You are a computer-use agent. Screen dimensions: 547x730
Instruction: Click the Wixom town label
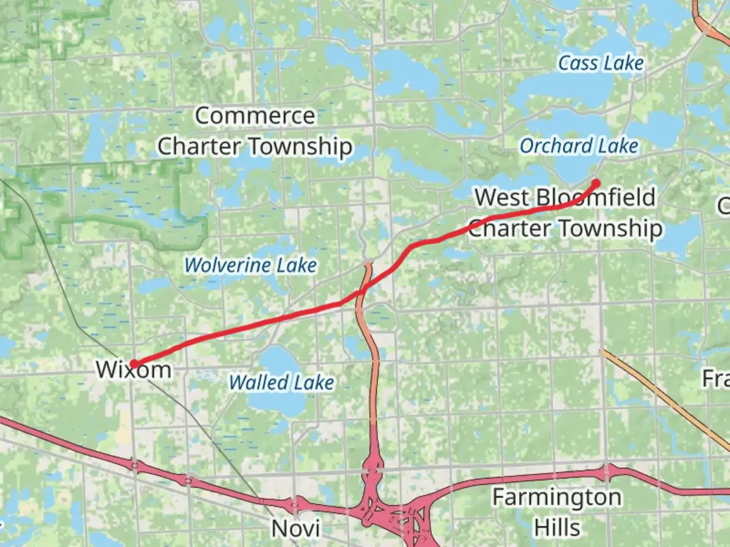point(134,370)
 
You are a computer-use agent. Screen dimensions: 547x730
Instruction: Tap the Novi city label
point(296,528)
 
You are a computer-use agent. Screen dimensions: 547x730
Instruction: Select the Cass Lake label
point(601,63)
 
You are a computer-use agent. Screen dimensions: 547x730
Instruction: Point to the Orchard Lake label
point(578,146)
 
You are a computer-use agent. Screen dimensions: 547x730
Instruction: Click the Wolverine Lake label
point(250,265)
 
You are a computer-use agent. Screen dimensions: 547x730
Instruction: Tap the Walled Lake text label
point(281,382)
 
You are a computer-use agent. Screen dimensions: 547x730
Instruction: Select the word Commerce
point(255,115)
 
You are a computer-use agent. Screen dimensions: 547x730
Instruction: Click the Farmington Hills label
point(557,512)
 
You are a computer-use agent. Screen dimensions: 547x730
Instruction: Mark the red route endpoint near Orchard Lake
point(596,183)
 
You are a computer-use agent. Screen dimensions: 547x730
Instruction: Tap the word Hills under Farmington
point(557,528)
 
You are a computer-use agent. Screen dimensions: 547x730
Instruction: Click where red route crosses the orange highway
point(361,292)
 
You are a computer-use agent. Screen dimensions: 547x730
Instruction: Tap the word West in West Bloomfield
point(502,197)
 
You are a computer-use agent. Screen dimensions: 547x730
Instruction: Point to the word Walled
point(259,382)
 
